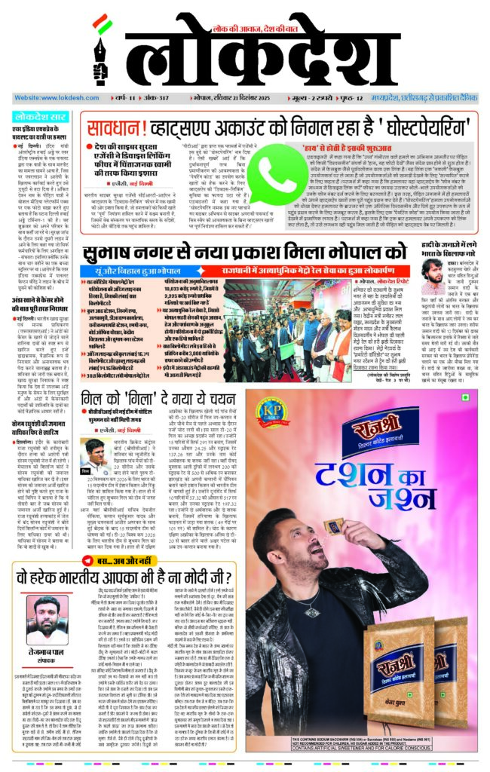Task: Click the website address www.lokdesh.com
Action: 46,98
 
